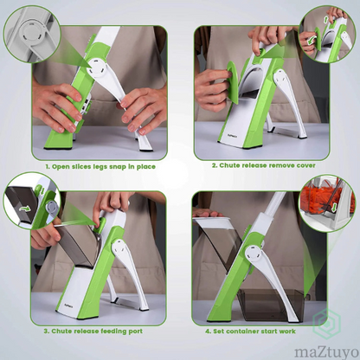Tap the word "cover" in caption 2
305,165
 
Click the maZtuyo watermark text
326,352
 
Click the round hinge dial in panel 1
96,68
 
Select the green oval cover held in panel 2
233,82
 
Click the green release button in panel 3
101,224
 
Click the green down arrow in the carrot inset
334,207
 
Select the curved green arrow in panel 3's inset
25,209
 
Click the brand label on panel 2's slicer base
224,133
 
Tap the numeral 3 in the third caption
46,331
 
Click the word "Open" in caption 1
61,167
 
